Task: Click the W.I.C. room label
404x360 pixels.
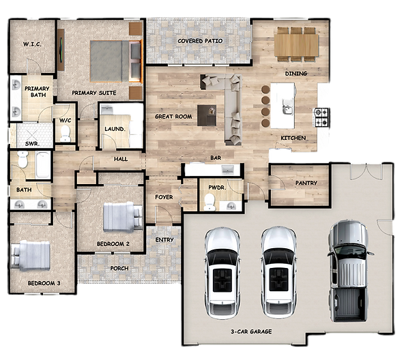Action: point(32,44)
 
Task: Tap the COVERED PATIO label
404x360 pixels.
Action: point(200,41)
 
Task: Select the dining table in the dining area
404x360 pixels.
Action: point(296,45)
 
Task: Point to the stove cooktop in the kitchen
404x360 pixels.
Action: point(321,117)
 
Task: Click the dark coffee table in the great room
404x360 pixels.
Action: point(207,115)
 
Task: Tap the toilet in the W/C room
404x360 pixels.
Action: point(66,134)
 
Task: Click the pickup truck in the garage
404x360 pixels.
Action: point(349,271)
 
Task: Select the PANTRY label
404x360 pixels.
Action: point(306,183)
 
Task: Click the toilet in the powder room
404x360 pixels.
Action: point(210,202)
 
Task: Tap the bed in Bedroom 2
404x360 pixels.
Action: point(123,217)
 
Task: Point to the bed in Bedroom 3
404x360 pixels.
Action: point(31,255)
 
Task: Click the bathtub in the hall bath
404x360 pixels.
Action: point(43,165)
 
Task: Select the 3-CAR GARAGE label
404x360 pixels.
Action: point(251,331)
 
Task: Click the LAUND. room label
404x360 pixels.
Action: point(115,129)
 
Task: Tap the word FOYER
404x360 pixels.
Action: point(164,197)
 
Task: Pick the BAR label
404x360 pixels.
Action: point(216,157)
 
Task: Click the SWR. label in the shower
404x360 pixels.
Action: point(32,144)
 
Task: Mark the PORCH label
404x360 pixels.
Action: point(119,269)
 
